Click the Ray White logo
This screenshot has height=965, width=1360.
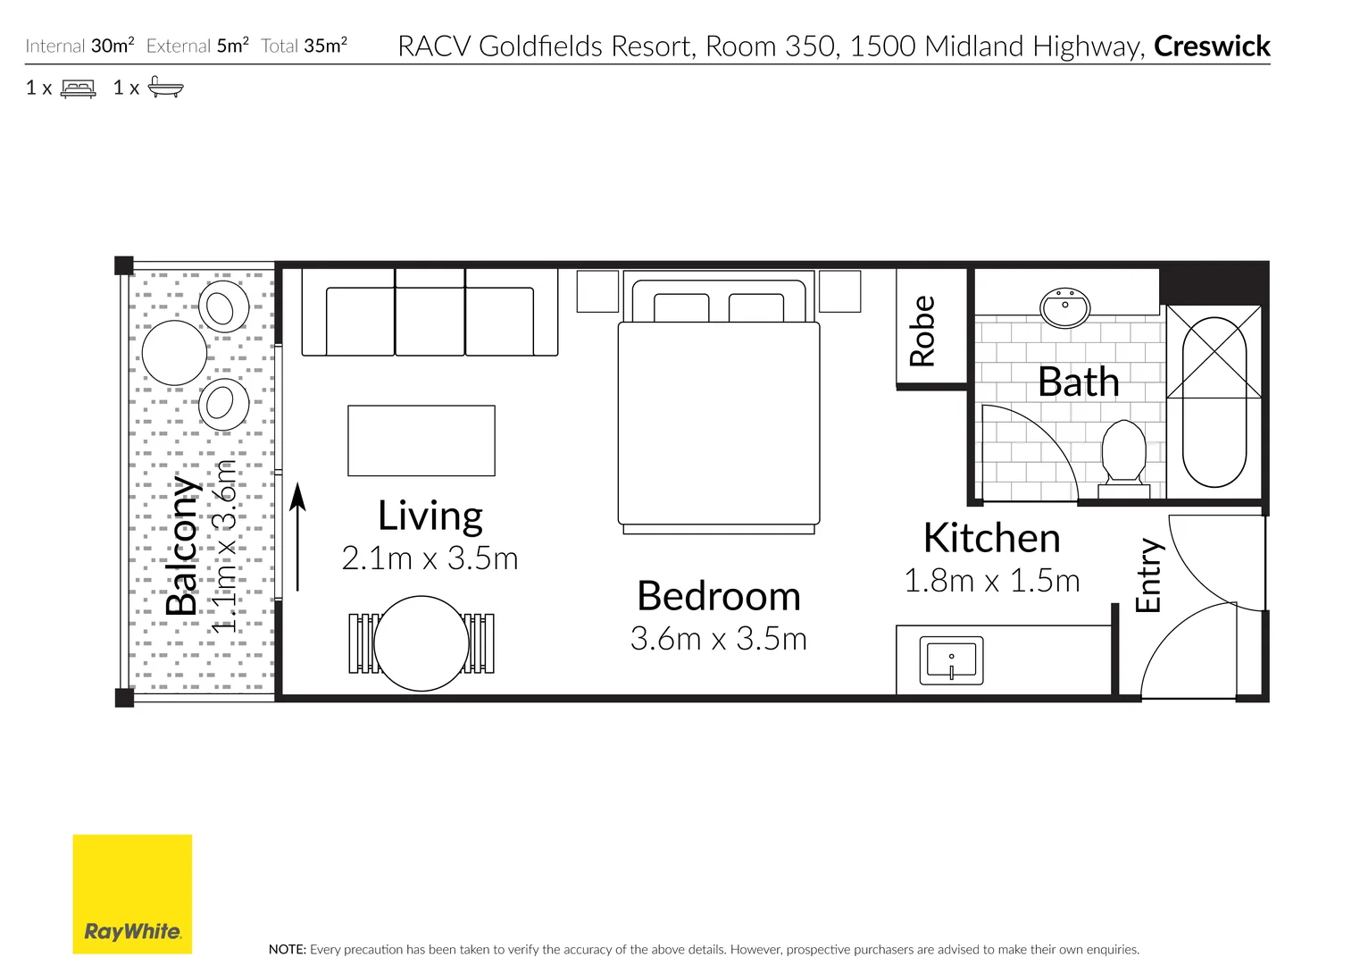(132, 894)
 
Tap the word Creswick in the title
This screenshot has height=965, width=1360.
(1211, 46)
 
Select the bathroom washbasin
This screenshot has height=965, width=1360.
(1065, 307)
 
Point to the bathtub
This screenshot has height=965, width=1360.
(1214, 402)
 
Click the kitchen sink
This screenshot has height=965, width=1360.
(951, 660)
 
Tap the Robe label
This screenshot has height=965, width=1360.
(922, 331)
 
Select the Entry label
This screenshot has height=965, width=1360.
(1148, 575)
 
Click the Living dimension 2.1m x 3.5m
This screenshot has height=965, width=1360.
(430, 558)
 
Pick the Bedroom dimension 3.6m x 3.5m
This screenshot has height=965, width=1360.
(719, 638)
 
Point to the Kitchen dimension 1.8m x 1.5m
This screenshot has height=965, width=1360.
(992, 580)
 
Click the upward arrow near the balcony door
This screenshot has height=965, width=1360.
(297, 537)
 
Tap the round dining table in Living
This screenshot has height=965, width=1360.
(421, 643)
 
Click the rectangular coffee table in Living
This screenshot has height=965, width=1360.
(421, 441)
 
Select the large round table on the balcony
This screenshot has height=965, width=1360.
(174, 352)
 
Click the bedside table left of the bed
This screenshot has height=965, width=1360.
(597, 291)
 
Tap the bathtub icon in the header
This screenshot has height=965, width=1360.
(166, 87)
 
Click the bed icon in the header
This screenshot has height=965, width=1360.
(79, 88)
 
